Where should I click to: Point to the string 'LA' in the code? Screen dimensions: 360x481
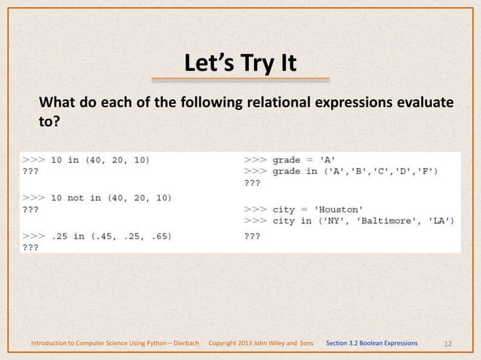pos(437,221)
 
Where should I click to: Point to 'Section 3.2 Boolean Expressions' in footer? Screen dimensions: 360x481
pos(372,343)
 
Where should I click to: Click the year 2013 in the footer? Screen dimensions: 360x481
pos(247,343)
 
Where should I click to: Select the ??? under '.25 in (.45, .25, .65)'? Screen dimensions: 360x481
pos(30,247)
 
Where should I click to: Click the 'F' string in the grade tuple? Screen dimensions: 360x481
pos(430,171)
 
